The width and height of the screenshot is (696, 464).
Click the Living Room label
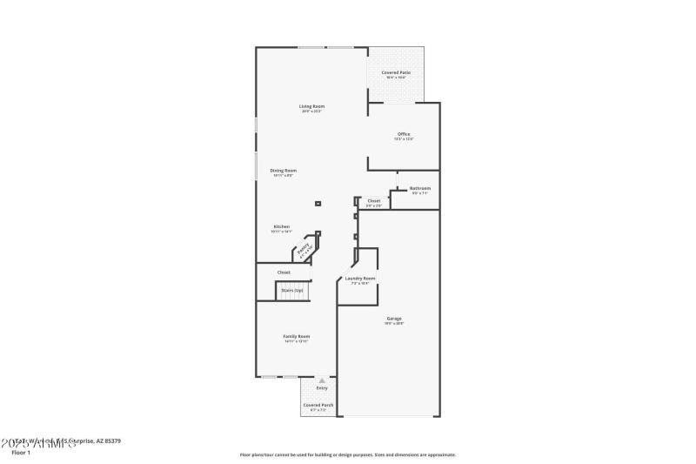click(312, 108)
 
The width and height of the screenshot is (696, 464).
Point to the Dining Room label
click(283, 172)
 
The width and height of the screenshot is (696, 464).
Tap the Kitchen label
click(282, 229)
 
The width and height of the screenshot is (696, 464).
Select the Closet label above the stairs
click(284, 272)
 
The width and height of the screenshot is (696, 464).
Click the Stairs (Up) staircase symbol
click(292, 291)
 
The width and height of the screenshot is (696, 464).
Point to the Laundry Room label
click(360, 279)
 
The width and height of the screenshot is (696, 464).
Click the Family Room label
click(296, 338)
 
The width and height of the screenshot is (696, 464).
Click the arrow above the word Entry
click(322, 380)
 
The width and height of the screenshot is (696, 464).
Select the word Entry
click(322, 388)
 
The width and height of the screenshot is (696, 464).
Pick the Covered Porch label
click(318, 407)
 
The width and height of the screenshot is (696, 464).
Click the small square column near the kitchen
click(318, 204)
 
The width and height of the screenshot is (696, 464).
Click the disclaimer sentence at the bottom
click(347, 454)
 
